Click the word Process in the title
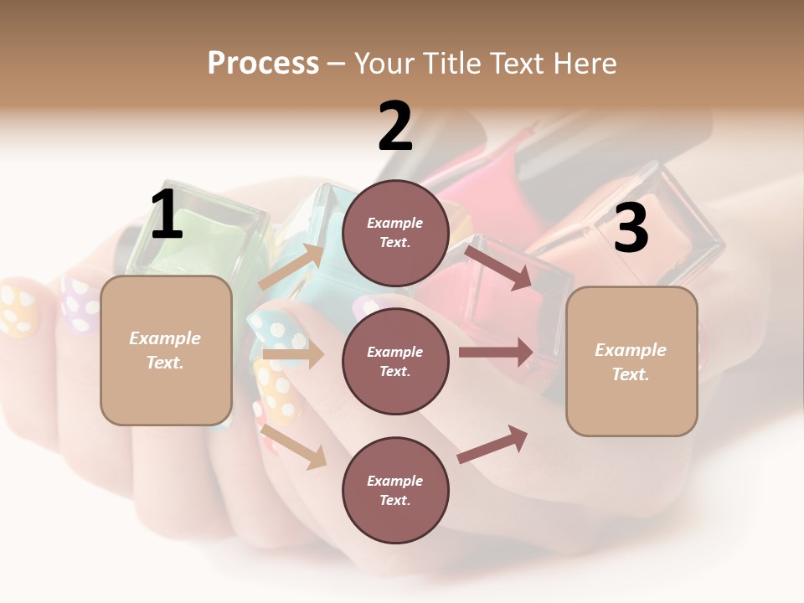tap(263, 64)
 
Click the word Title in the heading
tap(450, 64)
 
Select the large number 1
tap(166, 215)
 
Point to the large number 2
tap(395, 126)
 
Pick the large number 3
tap(631, 228)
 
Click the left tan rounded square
tap(166, 350)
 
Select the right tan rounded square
tap(631, 361)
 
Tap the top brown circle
tap(395, 233)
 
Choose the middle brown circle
tap(395, 361)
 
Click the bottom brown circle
tap(395, 490)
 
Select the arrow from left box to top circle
tap(292, 266)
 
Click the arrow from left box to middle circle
tap(293, 355)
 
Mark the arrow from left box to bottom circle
tap(294, 446)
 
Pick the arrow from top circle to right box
tap(499, 267)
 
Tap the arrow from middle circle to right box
tap(496, 352)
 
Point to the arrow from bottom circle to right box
tap(492, 444)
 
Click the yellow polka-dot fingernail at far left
tap(18, 310)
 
